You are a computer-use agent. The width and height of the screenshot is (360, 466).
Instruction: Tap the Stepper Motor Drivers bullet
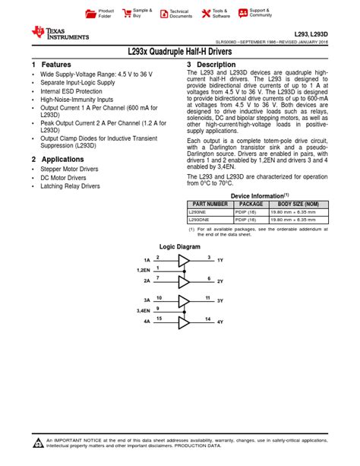(69, 169)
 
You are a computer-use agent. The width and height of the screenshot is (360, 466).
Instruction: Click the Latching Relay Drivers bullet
(70, 185)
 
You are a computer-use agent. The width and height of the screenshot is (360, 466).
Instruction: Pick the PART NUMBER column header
(210, 204)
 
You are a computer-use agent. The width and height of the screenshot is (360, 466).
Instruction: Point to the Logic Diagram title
(179, 247)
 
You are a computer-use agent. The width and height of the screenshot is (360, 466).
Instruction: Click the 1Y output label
(220, 260)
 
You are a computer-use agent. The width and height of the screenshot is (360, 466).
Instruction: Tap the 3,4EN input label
(142, 310)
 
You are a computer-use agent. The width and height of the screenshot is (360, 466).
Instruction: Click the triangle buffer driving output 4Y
(184, 322)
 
